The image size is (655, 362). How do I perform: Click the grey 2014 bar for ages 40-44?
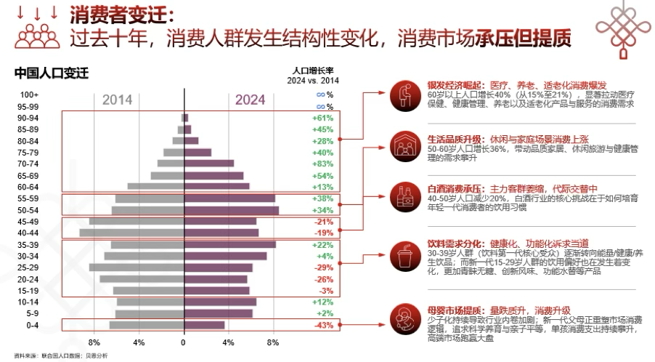(131, 233)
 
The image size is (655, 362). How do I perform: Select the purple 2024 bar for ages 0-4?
(204, 325)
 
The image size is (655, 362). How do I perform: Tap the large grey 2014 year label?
(117, 100)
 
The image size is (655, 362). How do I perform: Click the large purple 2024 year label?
(251, 100)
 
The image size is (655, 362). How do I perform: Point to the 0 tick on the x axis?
(184, 342)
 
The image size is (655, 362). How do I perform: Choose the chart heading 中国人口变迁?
(51, 73)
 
